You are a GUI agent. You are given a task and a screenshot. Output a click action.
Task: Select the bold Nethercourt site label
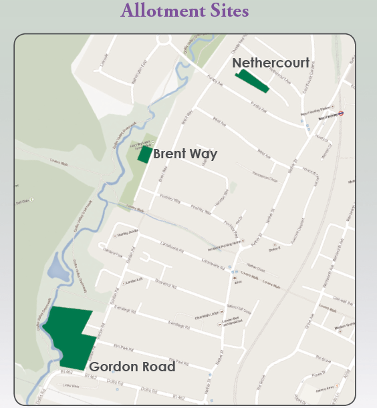(x=271, y=63)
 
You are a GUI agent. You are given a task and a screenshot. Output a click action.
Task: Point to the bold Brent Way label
(x=185, y=154)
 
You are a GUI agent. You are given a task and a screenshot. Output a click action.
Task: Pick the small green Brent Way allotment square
(x=144, y=154)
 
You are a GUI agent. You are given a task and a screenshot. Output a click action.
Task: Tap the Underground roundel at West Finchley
(x=341, y=114)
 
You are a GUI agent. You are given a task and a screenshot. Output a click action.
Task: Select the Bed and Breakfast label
(x=231, y=325)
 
